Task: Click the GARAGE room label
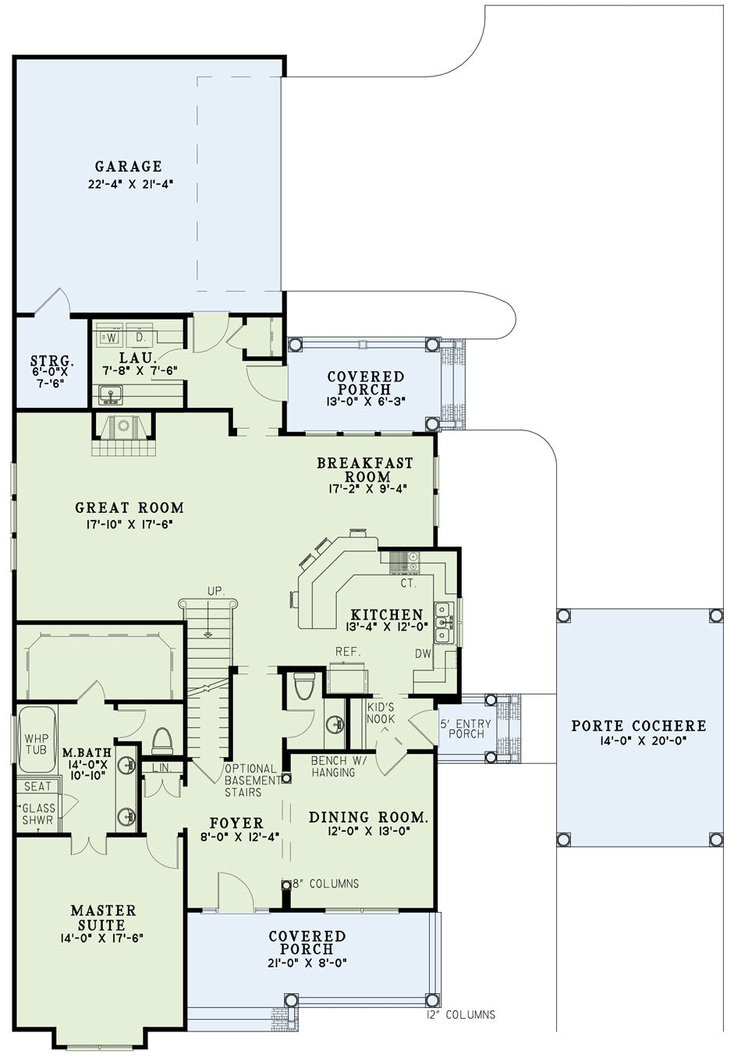pyautogui.click(x=129, y=166)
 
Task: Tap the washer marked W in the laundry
pyautogui.click(x=112, y=337)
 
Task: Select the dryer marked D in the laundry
pyautogui.click(x=140, y=337)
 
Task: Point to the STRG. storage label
pyautogui.click(x=52, y=360)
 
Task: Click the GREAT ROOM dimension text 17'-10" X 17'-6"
pyautogui.click(x=129, y=525)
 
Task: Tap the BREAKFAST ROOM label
pyautogui.click(x=365, y=469)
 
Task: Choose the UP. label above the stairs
pyautogui.click(x=215, y=591)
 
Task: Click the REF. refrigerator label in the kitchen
pyautogui.click(x=349, y=652)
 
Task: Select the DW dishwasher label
pyautogui.click(x=423, y=653)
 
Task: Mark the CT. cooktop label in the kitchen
pyautogui.click(x=409, y=583)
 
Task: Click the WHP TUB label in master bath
pyautogui.click(x=37, y=744)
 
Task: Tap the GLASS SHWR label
pyautogui.click(x=38, y=814)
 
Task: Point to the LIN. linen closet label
pyautogui.click(x=162, y=768)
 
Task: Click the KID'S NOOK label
pyautogui.click(x=381, y=713)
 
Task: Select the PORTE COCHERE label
pyautogui.click(x=639, y=726)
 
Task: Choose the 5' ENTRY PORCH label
pyautogui.click(x=466, y=729)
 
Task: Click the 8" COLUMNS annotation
pyautogui.click(x=325, y=883)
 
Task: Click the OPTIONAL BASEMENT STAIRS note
pyautogui.click(x=252, y=780)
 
